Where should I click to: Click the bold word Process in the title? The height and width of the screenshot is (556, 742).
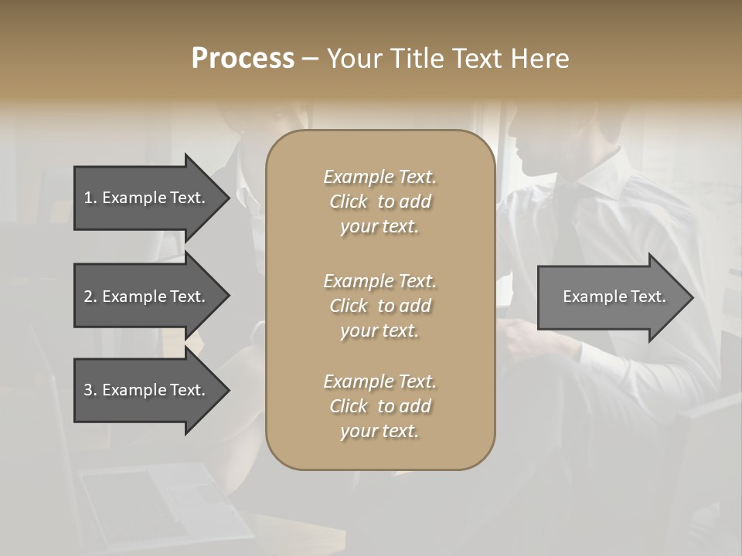tap(243, 59)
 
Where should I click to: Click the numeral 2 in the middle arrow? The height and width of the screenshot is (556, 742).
tap(88, 297)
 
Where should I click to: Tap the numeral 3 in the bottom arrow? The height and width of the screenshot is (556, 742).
tap(88, 390)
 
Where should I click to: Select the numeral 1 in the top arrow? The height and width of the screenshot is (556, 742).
tap(87, 198)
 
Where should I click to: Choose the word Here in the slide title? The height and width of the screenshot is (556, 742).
tap(540, 59)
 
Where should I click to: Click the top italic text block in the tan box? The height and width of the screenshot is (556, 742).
tap(380, 202)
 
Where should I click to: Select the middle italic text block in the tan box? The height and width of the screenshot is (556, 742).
tap(380, 306)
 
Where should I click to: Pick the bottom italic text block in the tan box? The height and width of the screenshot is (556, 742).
tap(380, 406)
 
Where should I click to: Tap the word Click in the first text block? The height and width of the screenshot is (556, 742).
tap(349, 202)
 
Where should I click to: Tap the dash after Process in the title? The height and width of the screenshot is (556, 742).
tap(310, 59)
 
